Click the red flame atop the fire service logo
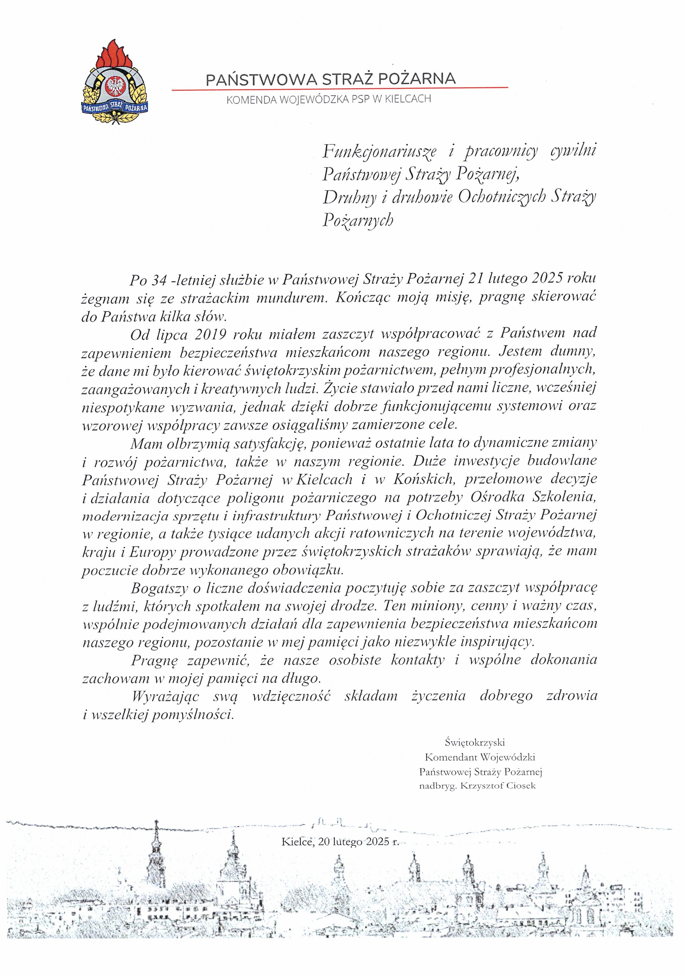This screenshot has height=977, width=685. pos(114,53)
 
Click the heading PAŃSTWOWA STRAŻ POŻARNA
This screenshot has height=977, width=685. pos(330,79)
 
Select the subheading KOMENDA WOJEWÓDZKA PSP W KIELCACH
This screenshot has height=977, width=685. pos(329,99)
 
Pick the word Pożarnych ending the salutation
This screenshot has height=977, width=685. pos(358,220)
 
